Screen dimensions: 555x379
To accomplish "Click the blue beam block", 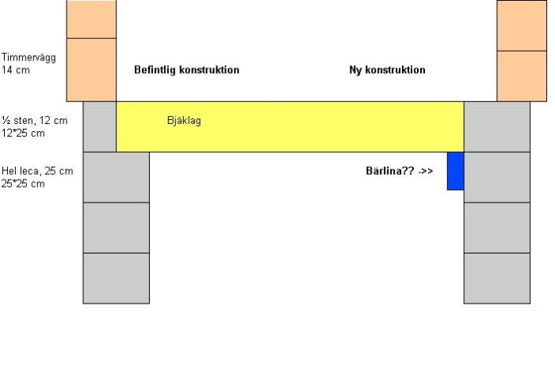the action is (x=456, y=171).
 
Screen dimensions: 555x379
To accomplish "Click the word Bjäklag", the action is (x=184, y=121).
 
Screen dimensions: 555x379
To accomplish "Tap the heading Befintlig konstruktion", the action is (x=186, y=70).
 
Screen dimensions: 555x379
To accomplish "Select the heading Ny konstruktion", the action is (x=387, y=70).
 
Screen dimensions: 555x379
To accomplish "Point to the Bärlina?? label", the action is (x=390, y=171).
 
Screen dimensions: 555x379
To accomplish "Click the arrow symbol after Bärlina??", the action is (x=426, y=172).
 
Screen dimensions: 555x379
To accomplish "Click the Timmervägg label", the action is (x=29, y=57).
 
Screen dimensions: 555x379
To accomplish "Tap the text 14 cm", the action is (x=16, y=70).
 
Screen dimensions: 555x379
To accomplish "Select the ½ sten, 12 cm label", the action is (x=34, y=121).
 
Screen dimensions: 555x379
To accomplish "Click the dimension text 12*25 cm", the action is (x=23, y=133).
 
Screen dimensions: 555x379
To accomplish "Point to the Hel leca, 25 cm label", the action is (x=37, y=171).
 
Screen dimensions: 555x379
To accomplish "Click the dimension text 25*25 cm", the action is (x=23, y=184).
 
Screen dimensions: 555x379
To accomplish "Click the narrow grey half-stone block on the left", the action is (x=99, y=126).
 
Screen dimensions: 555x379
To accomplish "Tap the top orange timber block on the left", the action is (x=91, y=19).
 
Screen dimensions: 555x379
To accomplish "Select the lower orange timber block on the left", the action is (x=91, y=70).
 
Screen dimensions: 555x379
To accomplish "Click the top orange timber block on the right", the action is (x=522, y=25).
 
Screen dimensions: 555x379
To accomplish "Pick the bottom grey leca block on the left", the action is (x=116, y=278).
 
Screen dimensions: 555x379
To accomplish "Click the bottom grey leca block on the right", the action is (x=497, y=278).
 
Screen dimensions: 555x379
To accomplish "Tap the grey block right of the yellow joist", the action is (x=497, y=126).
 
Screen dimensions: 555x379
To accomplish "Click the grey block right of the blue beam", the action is (x=497, y=177).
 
